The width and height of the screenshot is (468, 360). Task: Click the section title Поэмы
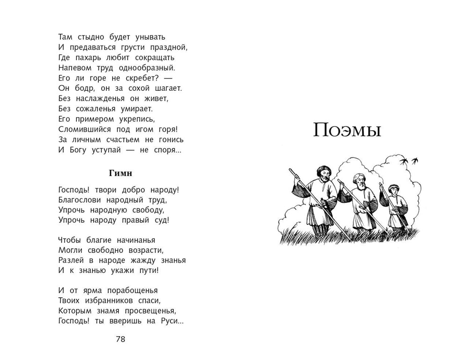click(x=347, y=130)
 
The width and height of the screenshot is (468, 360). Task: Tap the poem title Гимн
click(x=120, y=173)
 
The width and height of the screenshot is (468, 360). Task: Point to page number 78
click(x=120, y=339)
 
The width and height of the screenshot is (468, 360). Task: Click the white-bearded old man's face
click(x=359, y=181)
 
